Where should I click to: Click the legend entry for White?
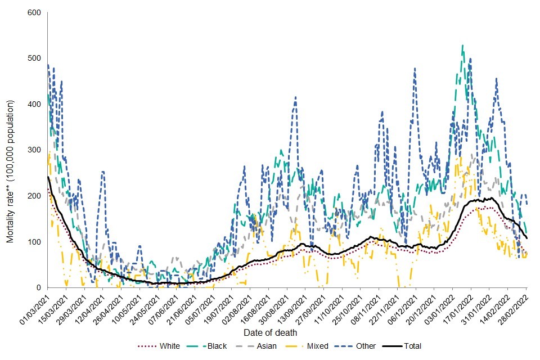(x=165, y=346)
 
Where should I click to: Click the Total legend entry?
(x=412, y=346)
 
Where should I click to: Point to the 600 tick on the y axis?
(x=37, y=12)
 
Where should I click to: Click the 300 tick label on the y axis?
(x=37, y=150)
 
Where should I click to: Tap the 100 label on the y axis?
(x=37, y=242)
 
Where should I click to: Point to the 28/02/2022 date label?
(x=515, y=306)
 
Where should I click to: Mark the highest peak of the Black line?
(x=462, y=45)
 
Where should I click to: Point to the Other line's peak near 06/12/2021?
(x=415, y=68)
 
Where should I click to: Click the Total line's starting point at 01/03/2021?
(x=48, y=177)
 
